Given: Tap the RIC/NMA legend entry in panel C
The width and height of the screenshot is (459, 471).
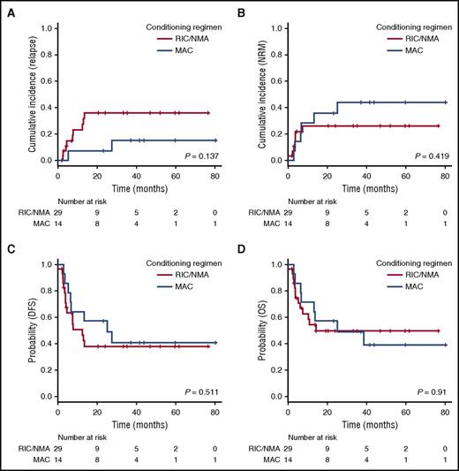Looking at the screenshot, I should point(184,275).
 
